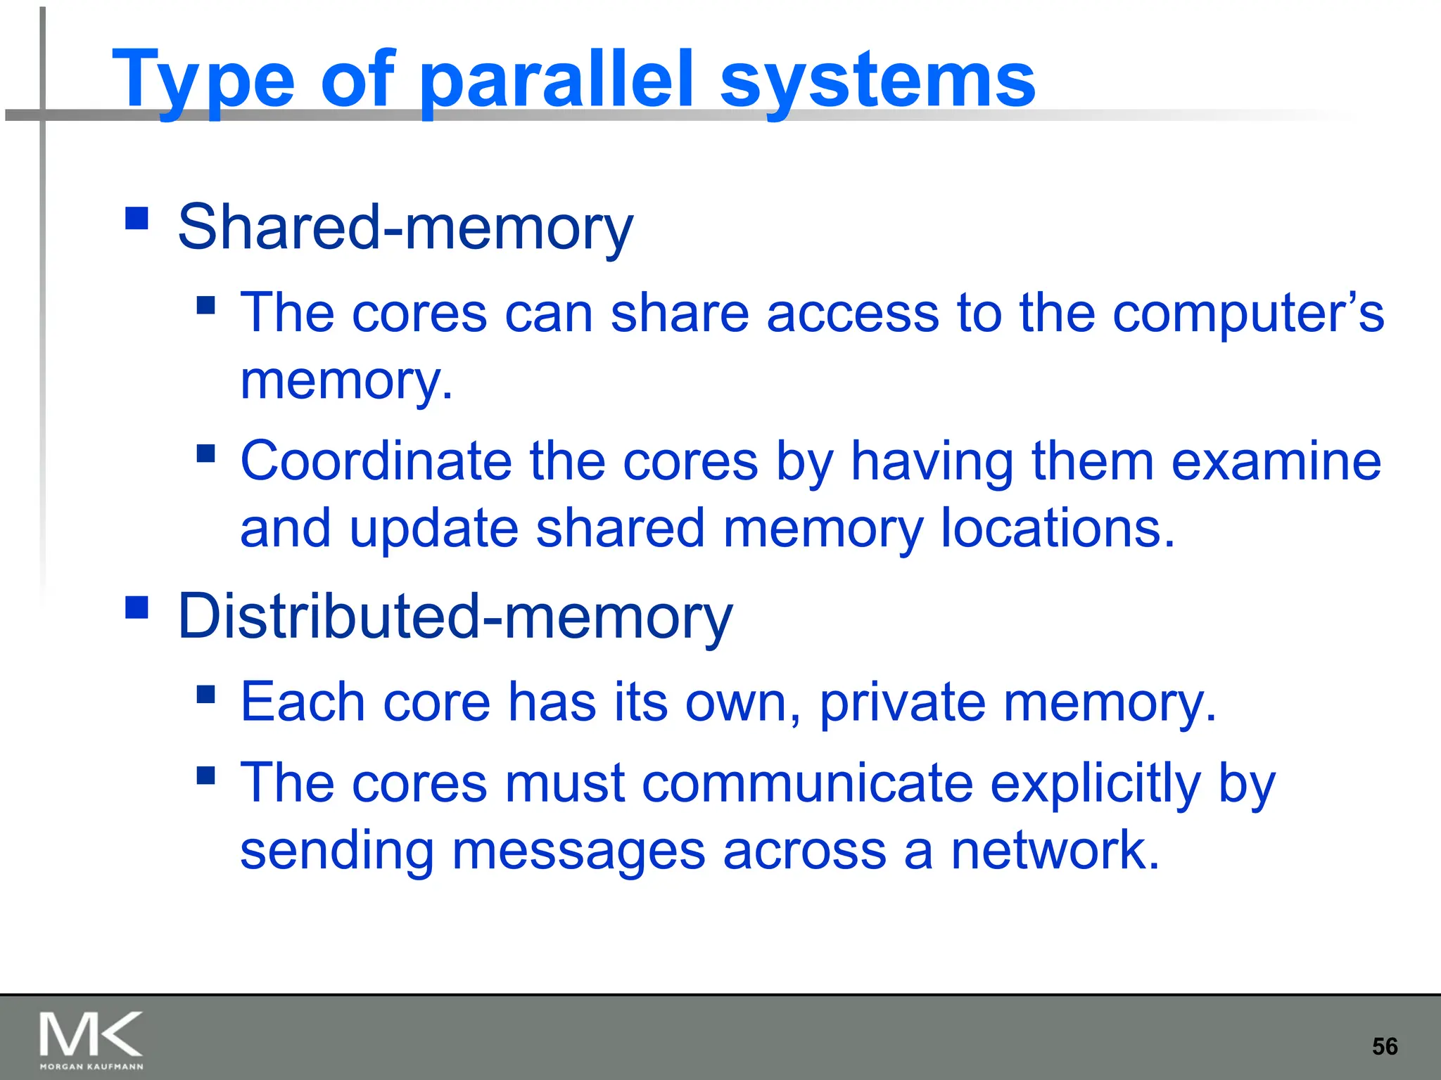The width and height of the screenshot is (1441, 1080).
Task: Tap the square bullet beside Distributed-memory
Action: click(x=137, y=607)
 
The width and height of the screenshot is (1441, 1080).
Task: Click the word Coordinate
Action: click(x=376, y=461)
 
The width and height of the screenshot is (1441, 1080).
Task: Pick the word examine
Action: click(x=1276, y=461)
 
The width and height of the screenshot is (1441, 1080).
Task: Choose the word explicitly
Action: click(x=1095, y=783)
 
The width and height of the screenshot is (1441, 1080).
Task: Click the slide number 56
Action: click(x=1385, y=1047)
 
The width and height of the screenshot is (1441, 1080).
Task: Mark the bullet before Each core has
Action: click(x=205, y=695)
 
